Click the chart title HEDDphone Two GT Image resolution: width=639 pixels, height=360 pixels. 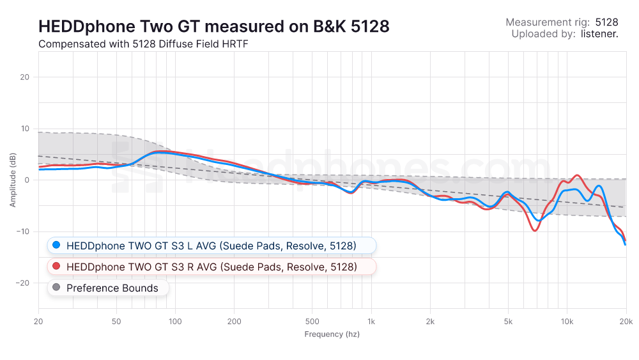click(x=213, y=27)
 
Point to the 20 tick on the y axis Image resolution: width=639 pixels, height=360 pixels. click(x=26, y=77)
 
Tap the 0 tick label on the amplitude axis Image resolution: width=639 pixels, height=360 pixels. click(x=27, y=180)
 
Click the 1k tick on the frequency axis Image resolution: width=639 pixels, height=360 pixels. click(x=371, y=321)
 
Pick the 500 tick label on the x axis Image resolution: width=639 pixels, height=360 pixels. click(x=312, y=321)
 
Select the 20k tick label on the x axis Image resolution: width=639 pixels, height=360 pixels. click(x=626, y=321)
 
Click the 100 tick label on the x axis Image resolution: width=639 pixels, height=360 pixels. click(x=175, y=321)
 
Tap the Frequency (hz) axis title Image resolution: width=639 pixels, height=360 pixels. click(x=332, y=334)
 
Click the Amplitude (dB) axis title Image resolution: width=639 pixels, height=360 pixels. click(x=12, y=180)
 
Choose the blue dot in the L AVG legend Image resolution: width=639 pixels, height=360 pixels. click(x=56, y=246)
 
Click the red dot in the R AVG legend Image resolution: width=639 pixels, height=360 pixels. click(x=56, y=266)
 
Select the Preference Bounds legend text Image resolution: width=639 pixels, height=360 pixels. click(x=112, y=288)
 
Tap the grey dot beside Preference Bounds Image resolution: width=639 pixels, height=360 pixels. click(x=56, y=288)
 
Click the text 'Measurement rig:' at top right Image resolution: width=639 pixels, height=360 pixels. click(x=548, y=22)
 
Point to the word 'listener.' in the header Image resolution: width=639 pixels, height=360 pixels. click(x=599, y=34)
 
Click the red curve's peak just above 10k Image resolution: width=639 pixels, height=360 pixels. click(x=578, y=175)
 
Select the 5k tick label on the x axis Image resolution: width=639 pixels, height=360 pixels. click(x=508, y=321)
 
